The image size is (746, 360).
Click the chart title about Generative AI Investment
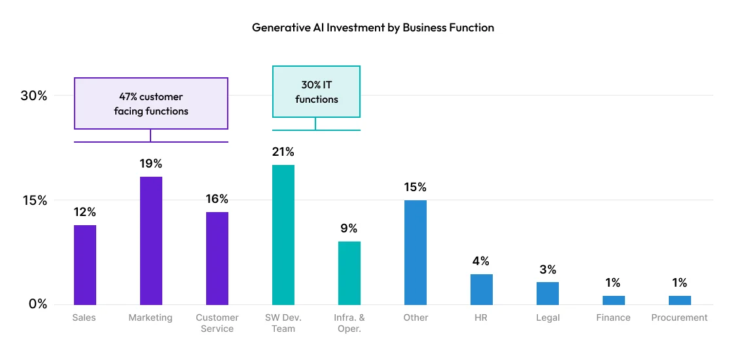(x=373, y=27)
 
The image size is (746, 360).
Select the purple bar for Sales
(x=85, y=264)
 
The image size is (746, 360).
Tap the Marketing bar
(x=151, y=240)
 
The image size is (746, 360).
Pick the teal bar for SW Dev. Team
(x=283, y=234)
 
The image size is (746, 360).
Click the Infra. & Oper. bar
(x=349, y=272)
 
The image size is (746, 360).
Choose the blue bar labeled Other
(x=416, y=252)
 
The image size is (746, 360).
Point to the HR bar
(x=482, y=289)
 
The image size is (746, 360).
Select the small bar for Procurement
(x=680, y=300)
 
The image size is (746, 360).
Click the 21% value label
(x=283, y=152)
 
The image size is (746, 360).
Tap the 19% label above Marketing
(x=151, y=164)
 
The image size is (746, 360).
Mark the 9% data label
(x=349, y=228)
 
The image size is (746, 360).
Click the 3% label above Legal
(x=548, y=270)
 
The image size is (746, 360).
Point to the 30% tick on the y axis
(x=34, y=96)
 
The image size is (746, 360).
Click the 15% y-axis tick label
(x=34, y=200)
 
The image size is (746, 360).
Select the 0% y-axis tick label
(x=37, y=304)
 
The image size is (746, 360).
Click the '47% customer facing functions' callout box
(x=151, y=103)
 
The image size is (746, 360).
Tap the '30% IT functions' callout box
(x=316, y=92)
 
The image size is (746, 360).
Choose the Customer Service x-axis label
(x=217, y=323)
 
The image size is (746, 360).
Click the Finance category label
(x=614, y=317)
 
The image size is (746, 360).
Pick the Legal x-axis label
(x=548, y=317)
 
